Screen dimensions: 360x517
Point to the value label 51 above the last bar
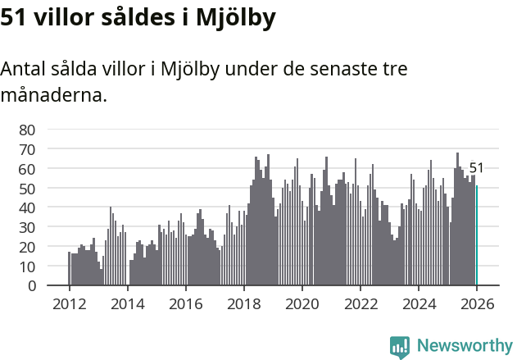(x=476, y=168)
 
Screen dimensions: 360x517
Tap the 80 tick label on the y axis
(x=28, y=130)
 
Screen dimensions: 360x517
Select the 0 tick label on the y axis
(x=32, y=285)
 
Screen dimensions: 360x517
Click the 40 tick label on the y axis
(x=28, y=207)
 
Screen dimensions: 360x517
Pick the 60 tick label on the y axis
(x=28, y=168)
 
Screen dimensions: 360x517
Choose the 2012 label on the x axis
(x=69, y=303)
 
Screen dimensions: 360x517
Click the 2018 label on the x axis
(x=243, y=303)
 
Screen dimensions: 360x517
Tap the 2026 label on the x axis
(x=476, y=303)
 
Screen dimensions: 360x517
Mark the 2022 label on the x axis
(x=360, y=303)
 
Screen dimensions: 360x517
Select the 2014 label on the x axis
(x=127, y=303)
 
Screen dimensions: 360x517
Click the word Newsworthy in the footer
(x=464, y=346)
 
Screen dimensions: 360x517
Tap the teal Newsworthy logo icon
(x=400, y=347)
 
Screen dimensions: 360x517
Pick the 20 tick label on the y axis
(x=28, y=247)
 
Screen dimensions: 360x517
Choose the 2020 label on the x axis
(x=302, y=303)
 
